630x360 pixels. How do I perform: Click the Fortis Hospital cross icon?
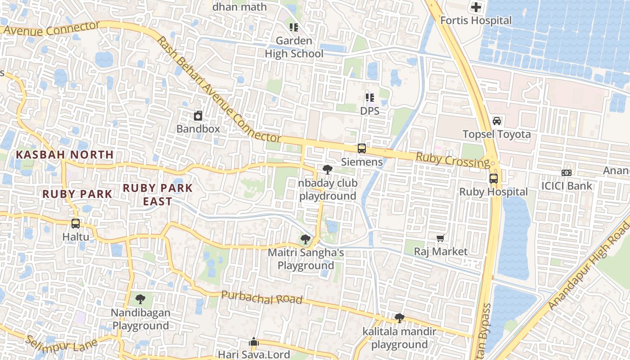[x=476, y=7]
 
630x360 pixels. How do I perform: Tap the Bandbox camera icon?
[x=198, y=116]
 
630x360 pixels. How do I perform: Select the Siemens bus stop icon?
[x=361, y=148]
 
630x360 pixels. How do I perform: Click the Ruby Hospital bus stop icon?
[x=494, y=179]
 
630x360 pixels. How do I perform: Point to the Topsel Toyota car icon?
[x=497, y=121]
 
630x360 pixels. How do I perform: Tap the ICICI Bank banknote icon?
[x=567, y=172]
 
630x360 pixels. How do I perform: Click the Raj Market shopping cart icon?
[x=441, y=238]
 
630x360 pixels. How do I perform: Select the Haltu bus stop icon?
[x=76, y=223]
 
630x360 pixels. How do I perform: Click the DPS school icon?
[x=370, y=97]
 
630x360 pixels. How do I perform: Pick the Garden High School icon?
[x=294, y=27]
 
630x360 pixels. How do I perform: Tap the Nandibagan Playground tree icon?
[x=140, y=299]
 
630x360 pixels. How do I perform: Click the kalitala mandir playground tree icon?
[x=399, y=318]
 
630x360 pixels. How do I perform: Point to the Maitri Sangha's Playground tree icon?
[x=306, y=239]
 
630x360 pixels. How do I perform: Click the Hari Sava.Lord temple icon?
[x=254, y=342]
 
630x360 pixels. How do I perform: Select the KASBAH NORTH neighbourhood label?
[x=65, y=154]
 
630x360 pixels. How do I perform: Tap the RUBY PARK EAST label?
[x=157, y=194]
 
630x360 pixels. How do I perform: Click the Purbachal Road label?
[x=261, y=297]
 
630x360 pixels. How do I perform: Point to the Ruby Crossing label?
[x=452, y=160]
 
